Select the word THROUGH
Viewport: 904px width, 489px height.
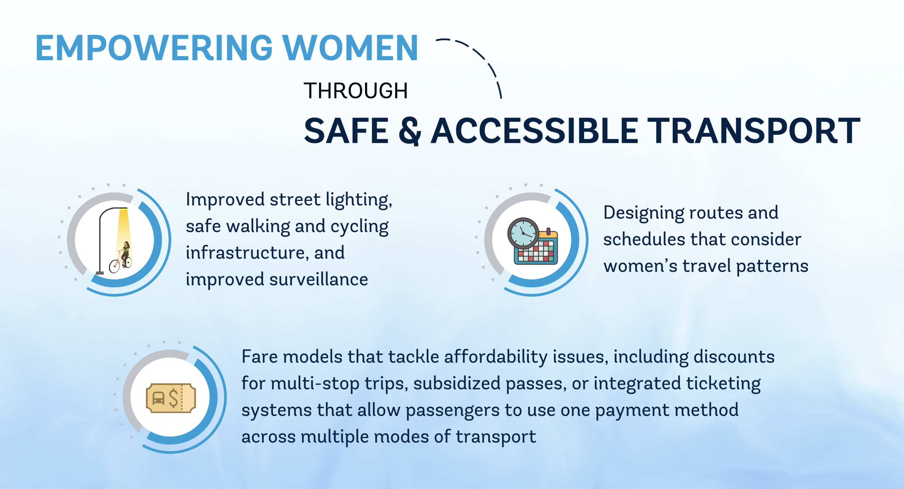point(355,90)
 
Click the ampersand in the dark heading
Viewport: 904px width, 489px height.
point(409,131)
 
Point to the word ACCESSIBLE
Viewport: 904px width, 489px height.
point(535,131)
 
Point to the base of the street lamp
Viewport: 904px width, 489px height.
point(100,272)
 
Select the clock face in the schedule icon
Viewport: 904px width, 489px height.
point(523,233)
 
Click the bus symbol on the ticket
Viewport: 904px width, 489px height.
point(158,398)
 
